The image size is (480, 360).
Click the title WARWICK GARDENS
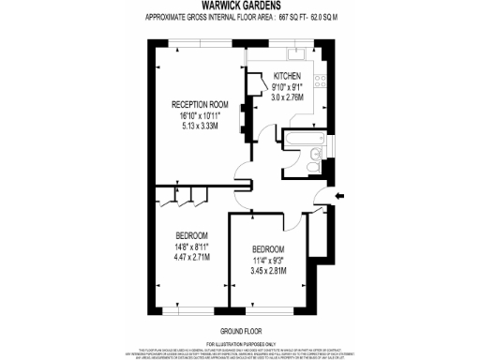(240, 7)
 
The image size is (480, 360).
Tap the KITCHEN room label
(287, 75)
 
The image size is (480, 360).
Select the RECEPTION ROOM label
(199, 103)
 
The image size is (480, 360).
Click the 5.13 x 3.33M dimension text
(199, 127)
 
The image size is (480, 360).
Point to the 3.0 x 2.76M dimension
(287, 97)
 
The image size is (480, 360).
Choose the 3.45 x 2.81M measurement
(267, 270)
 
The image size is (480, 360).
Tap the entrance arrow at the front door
(338, 196)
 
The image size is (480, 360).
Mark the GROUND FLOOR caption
(240, 332)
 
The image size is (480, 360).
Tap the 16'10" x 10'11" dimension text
(199, 116)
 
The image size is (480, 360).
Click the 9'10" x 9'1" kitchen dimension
(287, 86)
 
